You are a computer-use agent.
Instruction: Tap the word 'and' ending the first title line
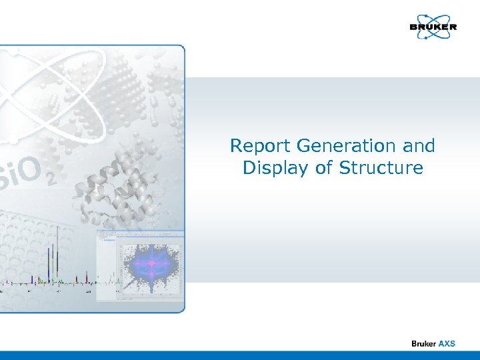click(420, 146)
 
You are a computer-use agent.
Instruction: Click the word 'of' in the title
click(325, 167)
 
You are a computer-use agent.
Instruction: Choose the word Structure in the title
click(381, 167)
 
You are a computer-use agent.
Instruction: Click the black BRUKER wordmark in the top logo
click(433, 27)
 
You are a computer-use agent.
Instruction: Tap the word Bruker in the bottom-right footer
click(423, 343)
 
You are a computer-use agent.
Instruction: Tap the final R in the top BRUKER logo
click(453, 27)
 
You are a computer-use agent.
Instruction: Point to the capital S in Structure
click(344, 167)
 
